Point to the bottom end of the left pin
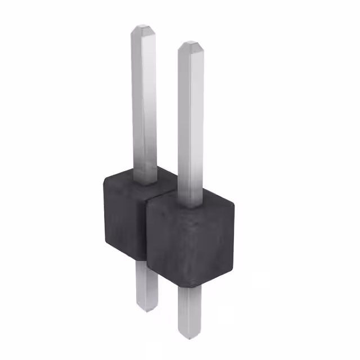tap(147, 307)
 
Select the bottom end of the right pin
tap(190, 336)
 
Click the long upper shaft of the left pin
tap(144, 101)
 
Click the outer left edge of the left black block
tap(105, 214)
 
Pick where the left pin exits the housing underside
tap(146, 262)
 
